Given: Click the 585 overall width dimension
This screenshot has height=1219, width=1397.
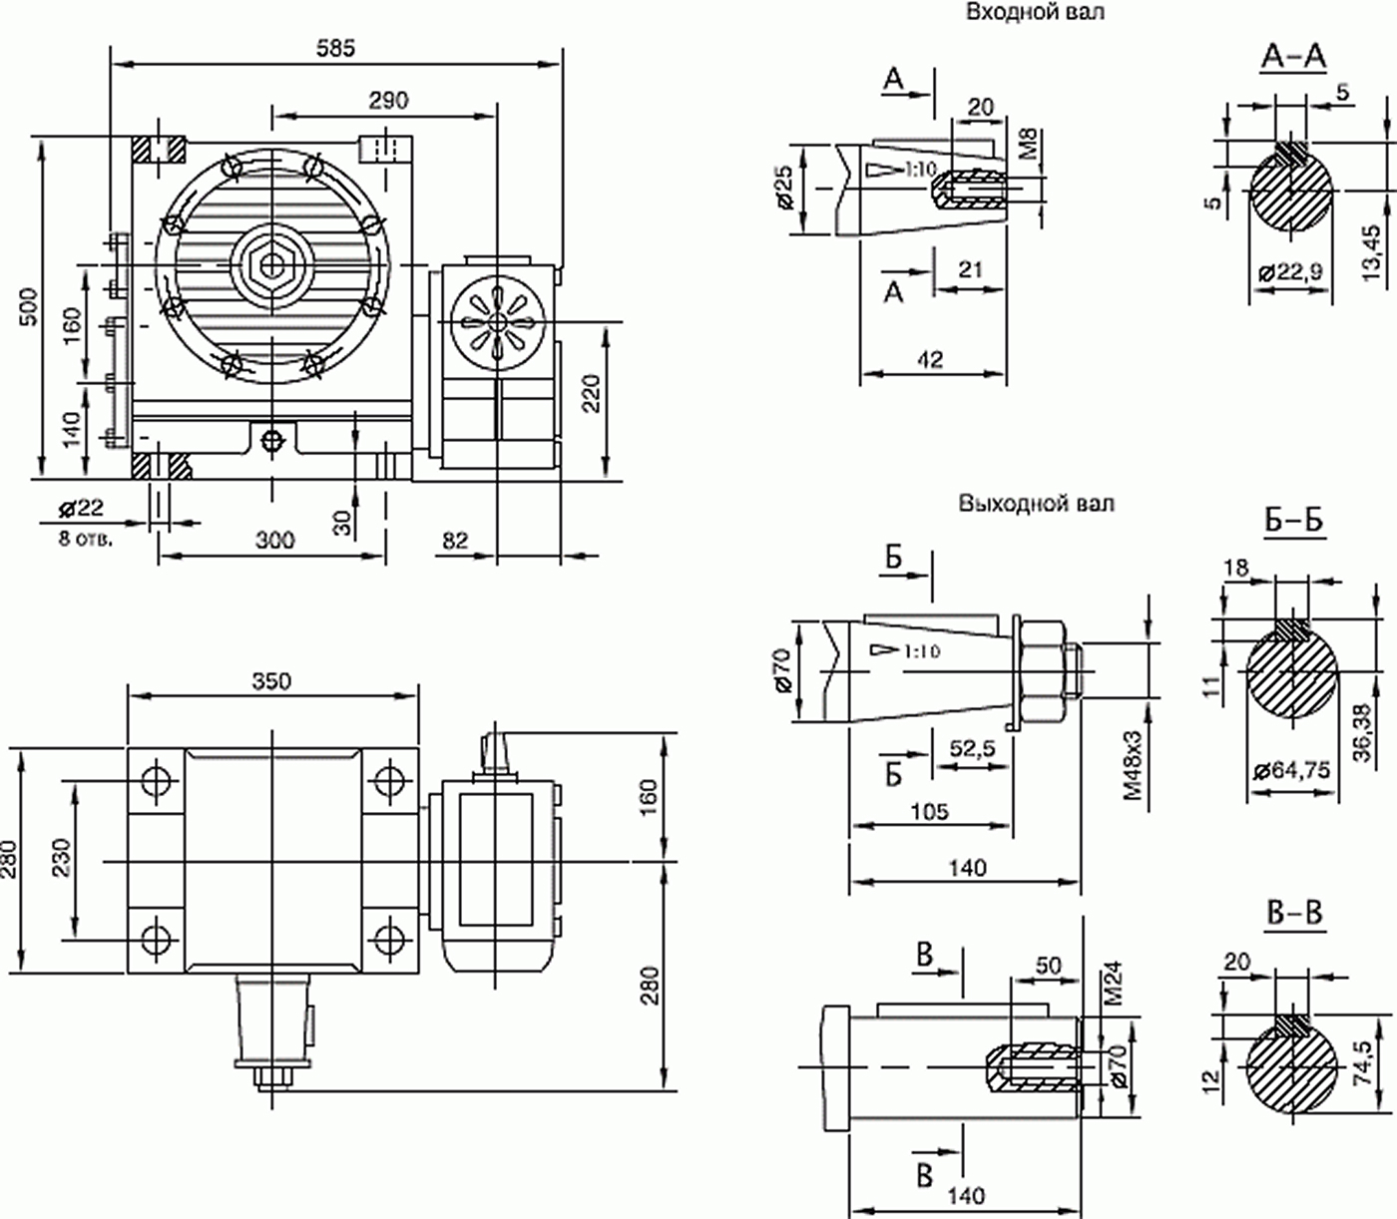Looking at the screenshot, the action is (x=335, y=48).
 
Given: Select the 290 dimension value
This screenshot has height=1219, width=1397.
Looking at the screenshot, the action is (x=388, y=101).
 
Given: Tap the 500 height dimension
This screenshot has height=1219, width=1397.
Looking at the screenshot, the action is (x=30, y=307).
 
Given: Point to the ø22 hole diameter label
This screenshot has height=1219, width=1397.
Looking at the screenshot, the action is (x=81, y=508).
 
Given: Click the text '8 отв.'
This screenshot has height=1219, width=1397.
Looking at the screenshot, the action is (x=86, y=539).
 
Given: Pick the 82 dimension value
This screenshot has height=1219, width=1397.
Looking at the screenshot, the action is (x=455, y=541).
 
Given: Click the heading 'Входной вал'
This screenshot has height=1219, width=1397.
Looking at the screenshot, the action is (x=1035, y=12).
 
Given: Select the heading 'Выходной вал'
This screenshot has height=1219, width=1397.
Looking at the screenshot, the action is (x=1037, y=504).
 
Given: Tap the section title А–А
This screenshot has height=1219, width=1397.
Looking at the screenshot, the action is (x=1293, y=57).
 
